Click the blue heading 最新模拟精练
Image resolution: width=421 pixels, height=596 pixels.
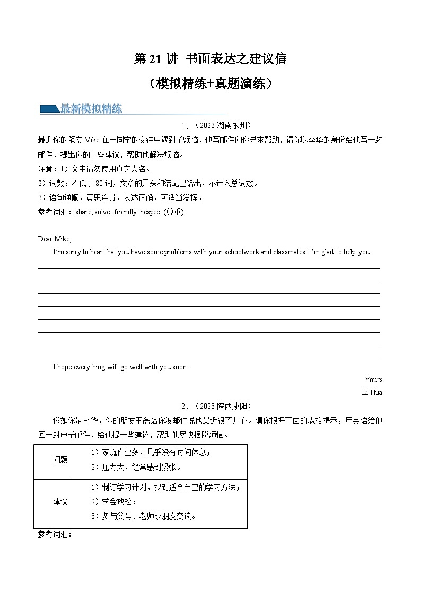91,109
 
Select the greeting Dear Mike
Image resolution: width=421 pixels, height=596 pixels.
55,239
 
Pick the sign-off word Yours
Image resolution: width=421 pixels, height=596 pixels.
373,379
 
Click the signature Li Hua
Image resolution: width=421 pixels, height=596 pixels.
372,393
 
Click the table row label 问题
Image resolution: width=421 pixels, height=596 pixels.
60,460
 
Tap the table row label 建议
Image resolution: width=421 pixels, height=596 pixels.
60,502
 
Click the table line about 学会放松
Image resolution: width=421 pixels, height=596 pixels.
113,502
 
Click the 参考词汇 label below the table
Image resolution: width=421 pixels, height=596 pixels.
55,534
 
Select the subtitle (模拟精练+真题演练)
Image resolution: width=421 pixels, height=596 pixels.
210,84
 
